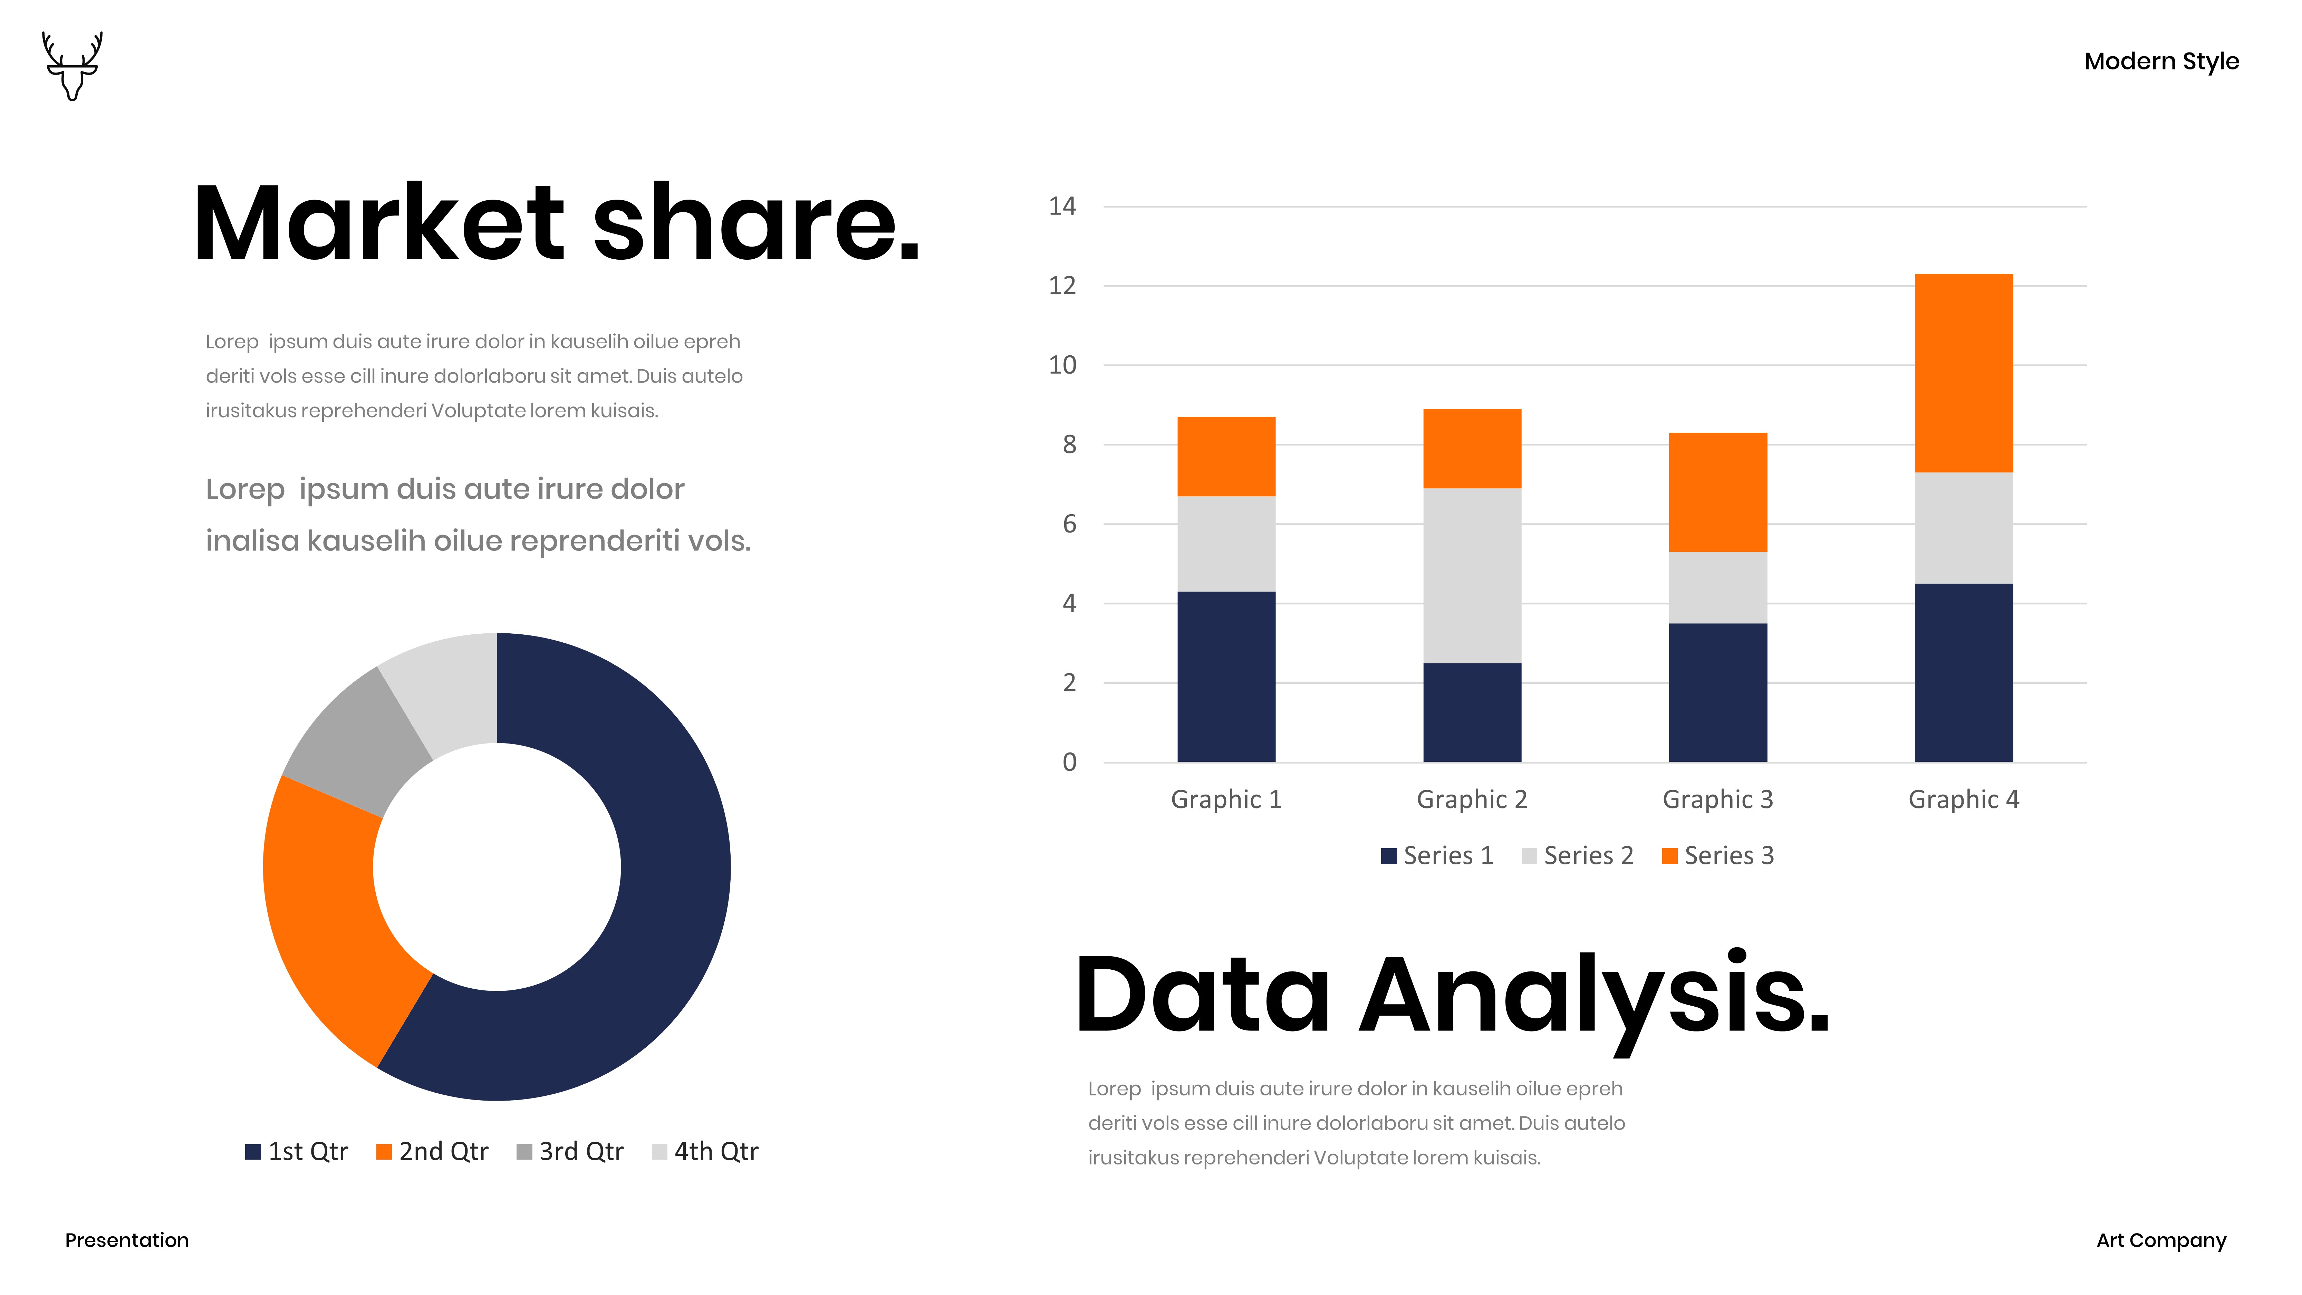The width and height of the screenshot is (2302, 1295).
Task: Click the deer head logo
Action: pos(73,66)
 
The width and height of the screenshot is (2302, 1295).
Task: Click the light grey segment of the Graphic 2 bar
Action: pos(1472,576)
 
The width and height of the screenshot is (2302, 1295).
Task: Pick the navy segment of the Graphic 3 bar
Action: pos(1717,693)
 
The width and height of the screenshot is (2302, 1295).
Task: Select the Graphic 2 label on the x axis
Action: pos(1472,799)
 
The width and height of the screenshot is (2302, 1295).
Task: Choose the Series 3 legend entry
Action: pos(1717,855)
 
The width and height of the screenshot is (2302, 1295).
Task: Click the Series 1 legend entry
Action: pos(1437,855)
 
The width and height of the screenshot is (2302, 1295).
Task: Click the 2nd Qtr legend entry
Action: pos(433,1151)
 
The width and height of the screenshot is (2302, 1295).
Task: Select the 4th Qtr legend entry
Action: pos(705,1151)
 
